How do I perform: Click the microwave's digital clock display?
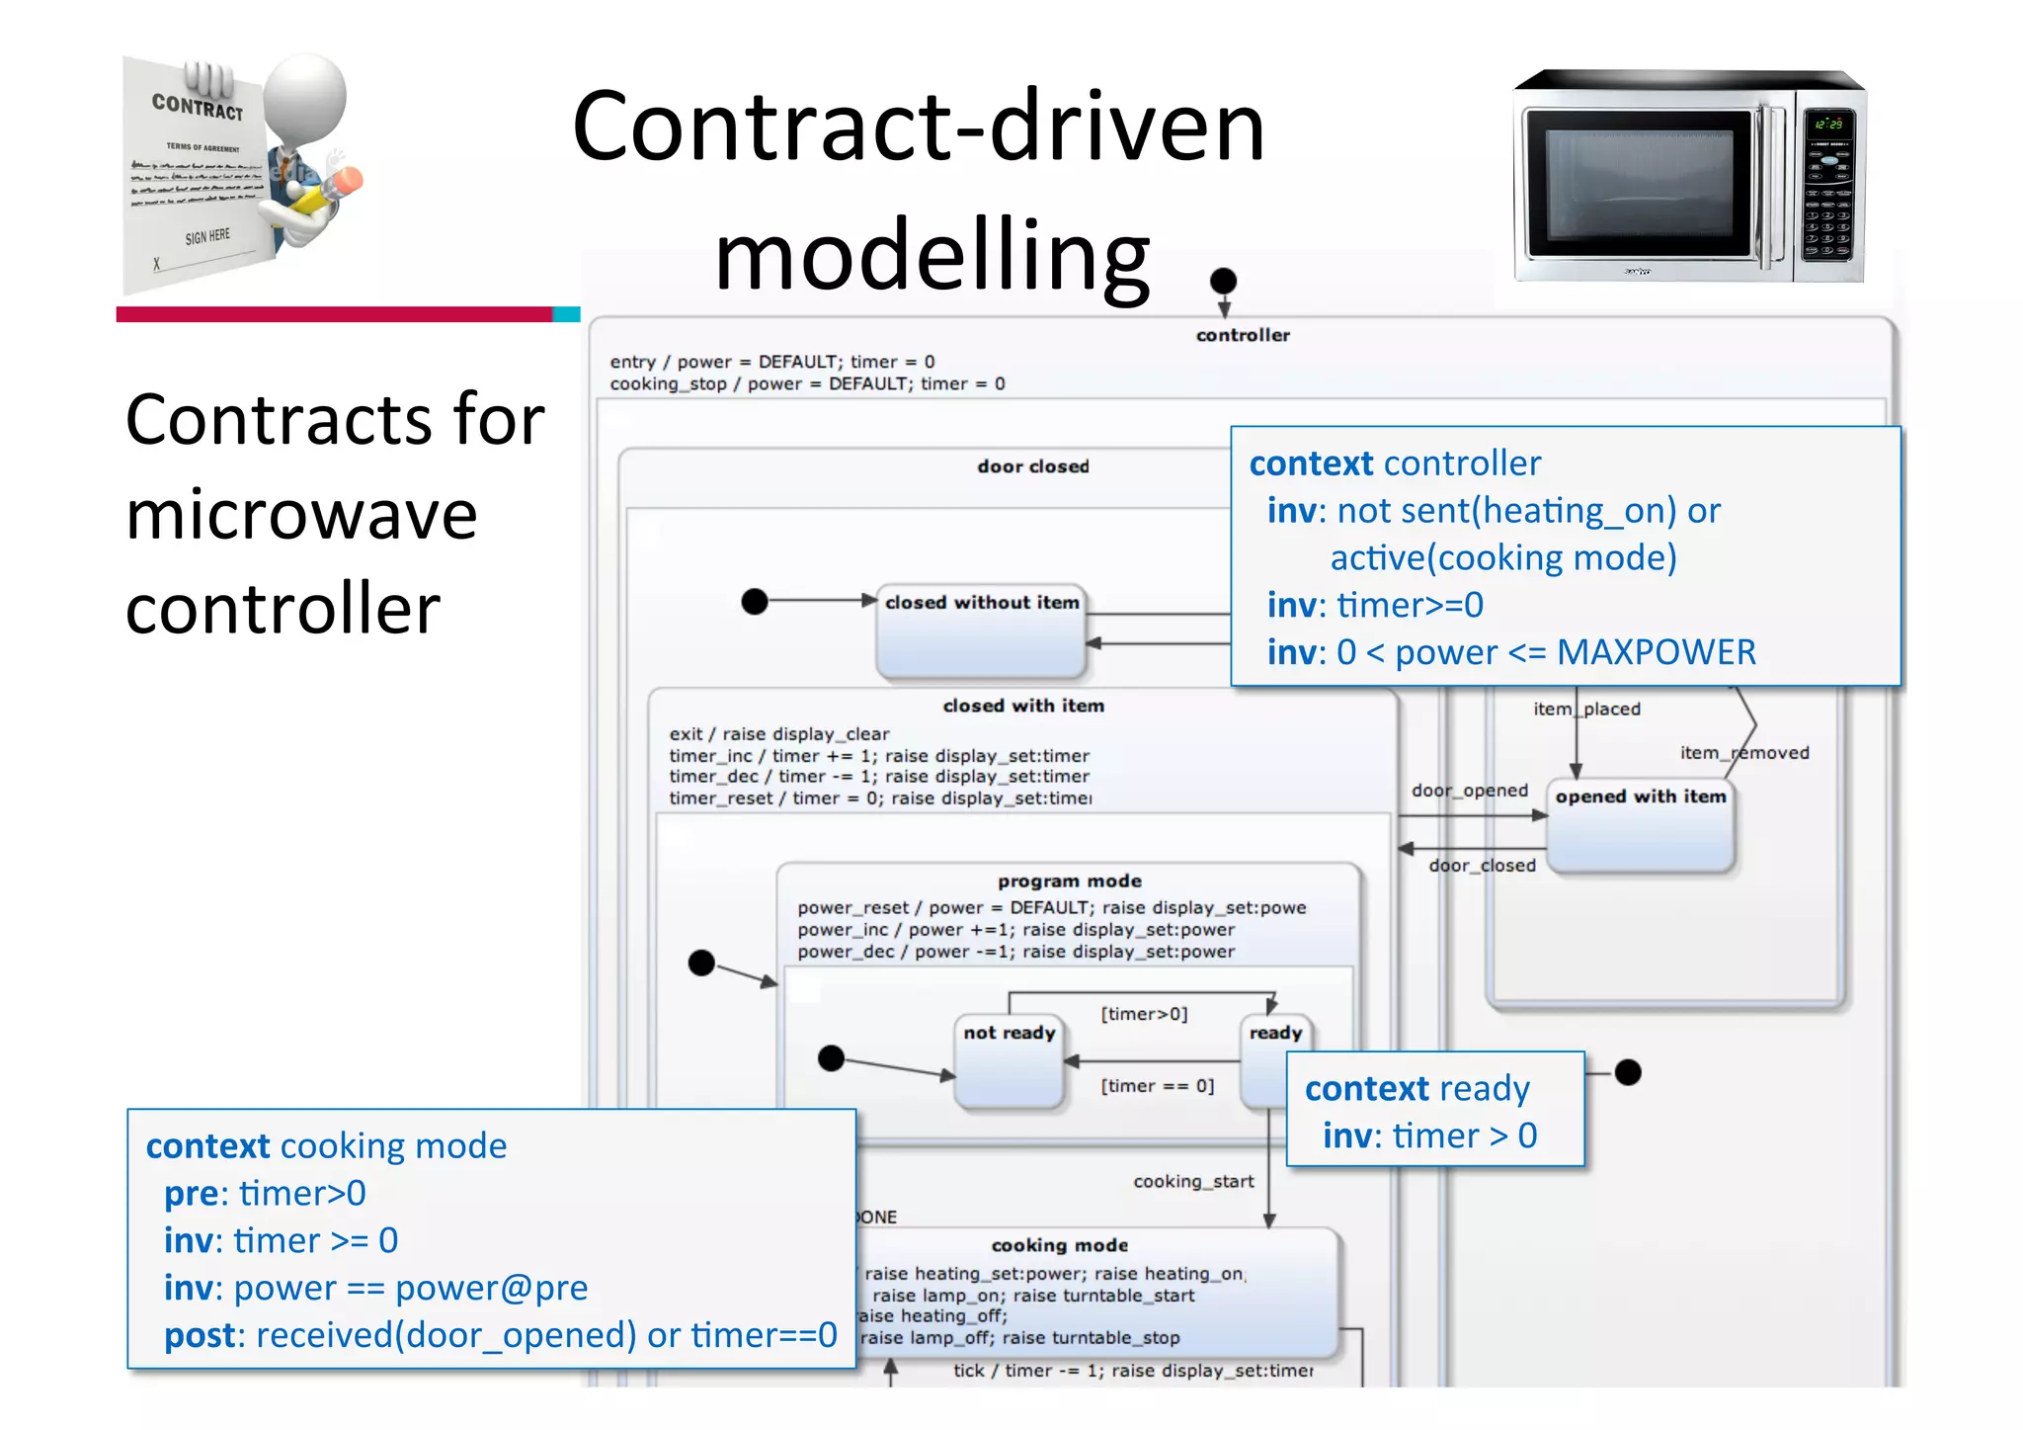coord(1827,125)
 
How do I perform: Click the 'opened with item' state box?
coord(1640,826)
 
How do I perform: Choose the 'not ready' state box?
coord(1010,1061)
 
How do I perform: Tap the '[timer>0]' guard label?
coord(1144,1014)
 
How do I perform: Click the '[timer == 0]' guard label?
coord(1158,1086)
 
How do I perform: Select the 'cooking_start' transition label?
coord(1193,1181)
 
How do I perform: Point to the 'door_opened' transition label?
coord(1469,791)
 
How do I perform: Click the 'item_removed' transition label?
coord(1744,753)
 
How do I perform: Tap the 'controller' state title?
coord(1243,335)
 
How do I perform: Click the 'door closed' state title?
coord(1033,466)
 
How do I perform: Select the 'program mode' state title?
coord(1069,881)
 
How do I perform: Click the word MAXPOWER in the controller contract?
coord(1656,652)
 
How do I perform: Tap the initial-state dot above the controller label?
coord(1223,281)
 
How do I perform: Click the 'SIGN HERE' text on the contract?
coord(207,237)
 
